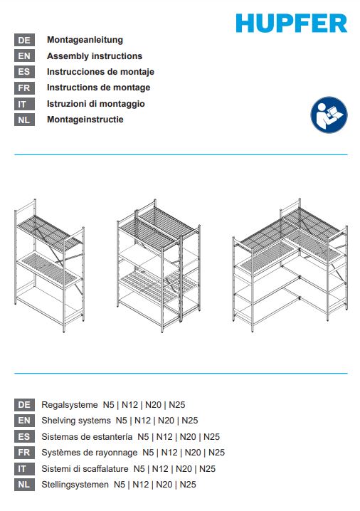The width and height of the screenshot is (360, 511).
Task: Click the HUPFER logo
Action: pos(292,23)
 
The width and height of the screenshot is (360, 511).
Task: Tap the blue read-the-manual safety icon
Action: pos(329,115)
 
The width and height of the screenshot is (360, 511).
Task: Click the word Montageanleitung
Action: pos(85,40)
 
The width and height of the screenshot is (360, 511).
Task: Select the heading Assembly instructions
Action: pos(95,56)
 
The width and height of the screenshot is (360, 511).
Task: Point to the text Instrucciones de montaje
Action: pos(100,72)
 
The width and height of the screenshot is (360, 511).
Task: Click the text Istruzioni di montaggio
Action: pos(96,104)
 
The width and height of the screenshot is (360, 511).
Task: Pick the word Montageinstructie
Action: pos(85,120)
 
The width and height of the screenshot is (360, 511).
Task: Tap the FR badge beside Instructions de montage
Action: pos(24,88)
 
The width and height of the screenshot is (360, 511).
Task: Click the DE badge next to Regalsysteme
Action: pos(24,405)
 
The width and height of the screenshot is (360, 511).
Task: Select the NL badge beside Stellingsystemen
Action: pos(24,485)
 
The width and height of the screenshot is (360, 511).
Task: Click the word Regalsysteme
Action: pos(70,405)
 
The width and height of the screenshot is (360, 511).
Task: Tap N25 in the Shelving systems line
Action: pos(190,421)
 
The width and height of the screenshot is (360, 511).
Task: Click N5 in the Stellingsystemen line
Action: pos(120,485)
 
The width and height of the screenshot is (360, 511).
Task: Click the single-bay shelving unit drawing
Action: pos(50,265)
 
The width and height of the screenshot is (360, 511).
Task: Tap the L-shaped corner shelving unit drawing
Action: pos(290,265)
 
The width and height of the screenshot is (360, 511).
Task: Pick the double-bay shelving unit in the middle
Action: pos(159,265)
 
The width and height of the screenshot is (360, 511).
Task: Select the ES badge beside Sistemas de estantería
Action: pos(24,436)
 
